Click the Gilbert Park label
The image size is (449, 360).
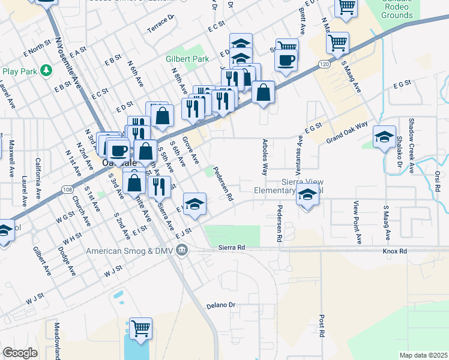coord(187,59)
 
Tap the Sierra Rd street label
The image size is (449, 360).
coord(232,247)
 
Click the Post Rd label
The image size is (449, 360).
coord(322,324)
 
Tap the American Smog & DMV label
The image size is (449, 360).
coord(133,251)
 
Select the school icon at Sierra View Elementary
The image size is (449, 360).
coord(307,196)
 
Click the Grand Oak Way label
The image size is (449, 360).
coord(347,133)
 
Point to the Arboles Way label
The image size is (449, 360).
coord(265,157)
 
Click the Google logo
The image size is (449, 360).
coord(20,353)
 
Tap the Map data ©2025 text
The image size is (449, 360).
coord(423,355)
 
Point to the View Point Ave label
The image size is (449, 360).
coord(358,222)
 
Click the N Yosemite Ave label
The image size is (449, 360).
coord(68,63)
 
